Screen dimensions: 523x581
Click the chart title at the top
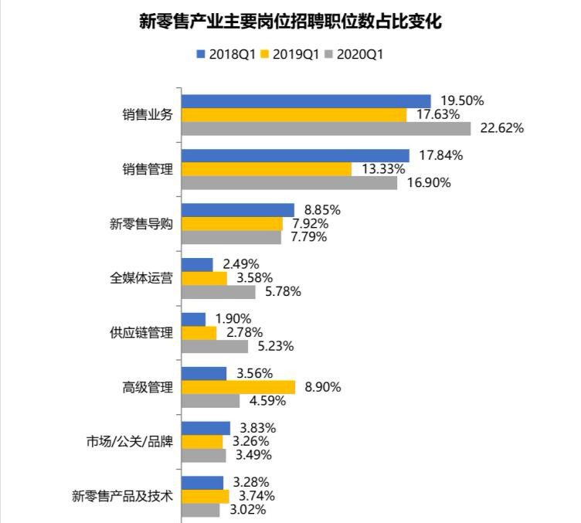coord(290,21)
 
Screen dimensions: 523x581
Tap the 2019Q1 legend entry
coord(294,55)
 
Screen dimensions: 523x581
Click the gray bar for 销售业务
coord(325,128)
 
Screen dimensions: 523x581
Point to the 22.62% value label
coord(502,128)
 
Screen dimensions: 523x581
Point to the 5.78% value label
coord(284,292)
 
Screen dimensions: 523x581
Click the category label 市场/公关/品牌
coord(129,443)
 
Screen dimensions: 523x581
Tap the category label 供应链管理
coord(141,333)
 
